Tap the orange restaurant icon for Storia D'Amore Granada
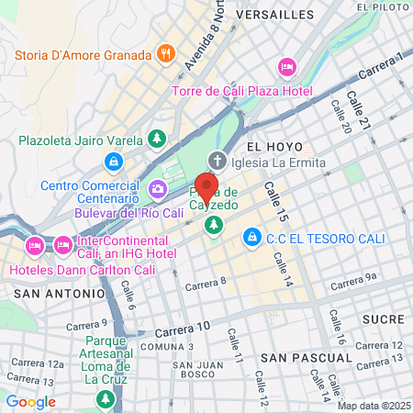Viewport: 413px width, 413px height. (166, 52)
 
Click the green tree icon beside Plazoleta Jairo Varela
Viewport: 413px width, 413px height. (157, 140)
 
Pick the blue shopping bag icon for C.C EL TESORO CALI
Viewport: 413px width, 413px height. (251, 238)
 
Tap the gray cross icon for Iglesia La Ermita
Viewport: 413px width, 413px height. (217, 160)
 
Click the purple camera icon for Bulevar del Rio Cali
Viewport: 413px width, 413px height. (158, 189)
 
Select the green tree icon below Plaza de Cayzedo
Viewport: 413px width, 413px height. (214, 224)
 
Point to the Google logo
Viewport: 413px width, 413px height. (30, 401)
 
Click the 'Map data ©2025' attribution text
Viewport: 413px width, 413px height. (371, 406)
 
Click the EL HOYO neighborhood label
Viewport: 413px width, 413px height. (268, 146)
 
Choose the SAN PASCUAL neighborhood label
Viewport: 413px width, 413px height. (299, 356)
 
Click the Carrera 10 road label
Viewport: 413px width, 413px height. (183, 328)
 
